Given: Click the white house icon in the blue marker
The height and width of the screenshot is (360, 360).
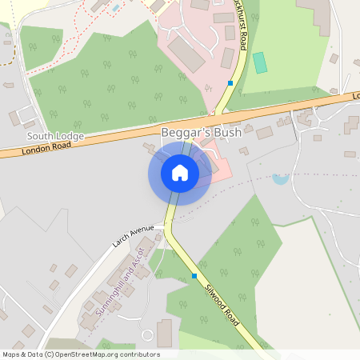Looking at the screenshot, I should [180, 172].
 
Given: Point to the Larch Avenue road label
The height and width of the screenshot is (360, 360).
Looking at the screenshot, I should [132, 238].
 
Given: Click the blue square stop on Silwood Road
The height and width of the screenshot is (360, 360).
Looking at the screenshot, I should [194, 277].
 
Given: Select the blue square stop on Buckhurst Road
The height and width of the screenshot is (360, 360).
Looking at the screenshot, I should [230, 83].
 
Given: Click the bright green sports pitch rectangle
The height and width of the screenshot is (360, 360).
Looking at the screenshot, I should [260, 62].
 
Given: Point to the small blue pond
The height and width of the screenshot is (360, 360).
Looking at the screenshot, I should [280, 178].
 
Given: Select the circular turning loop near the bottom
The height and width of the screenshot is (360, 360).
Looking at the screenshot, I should [147, 334].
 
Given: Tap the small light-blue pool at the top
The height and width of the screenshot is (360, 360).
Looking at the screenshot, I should [117, 7].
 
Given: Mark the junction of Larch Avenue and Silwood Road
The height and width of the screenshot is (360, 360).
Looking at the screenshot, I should [166, 228].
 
